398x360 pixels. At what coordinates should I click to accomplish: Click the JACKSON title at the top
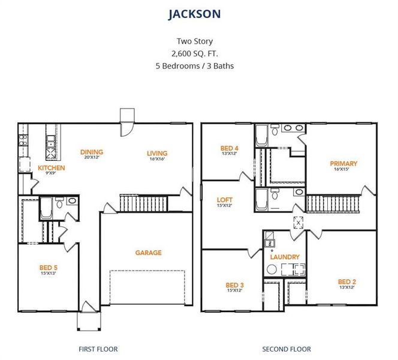coord(194,13)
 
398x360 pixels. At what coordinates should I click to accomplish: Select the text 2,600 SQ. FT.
coord(194,53)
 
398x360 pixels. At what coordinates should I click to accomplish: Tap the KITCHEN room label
coord(51,168)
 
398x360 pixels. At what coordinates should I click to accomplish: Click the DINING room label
coord(91,152)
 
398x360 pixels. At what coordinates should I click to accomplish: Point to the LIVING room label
coord(157,153)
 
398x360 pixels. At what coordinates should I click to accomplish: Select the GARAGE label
coord(148,253)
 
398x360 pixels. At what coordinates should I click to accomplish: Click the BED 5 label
coord(48,267)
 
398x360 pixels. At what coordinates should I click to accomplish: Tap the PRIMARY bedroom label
coord(343,163)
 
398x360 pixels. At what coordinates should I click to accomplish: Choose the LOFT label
coord(225,200)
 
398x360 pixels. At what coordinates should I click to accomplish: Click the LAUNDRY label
coord(285,257)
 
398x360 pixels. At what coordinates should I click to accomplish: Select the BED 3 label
coord(234,284)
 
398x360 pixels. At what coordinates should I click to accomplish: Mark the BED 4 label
coord(230,148)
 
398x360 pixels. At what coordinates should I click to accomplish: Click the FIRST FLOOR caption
coord(98,349)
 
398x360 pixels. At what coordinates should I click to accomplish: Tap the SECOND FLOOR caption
coord(287,349)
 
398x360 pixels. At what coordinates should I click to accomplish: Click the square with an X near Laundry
coord(297,221)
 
